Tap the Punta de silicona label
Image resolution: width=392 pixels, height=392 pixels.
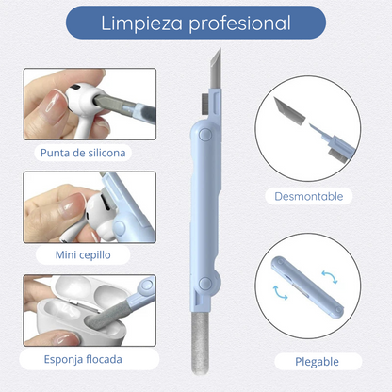click(83, 152)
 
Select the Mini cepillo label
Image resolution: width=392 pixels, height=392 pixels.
click(83, 255)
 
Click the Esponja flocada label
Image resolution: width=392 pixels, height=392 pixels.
click(82, 359)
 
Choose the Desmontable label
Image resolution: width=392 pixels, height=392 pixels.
click(309, 197)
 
